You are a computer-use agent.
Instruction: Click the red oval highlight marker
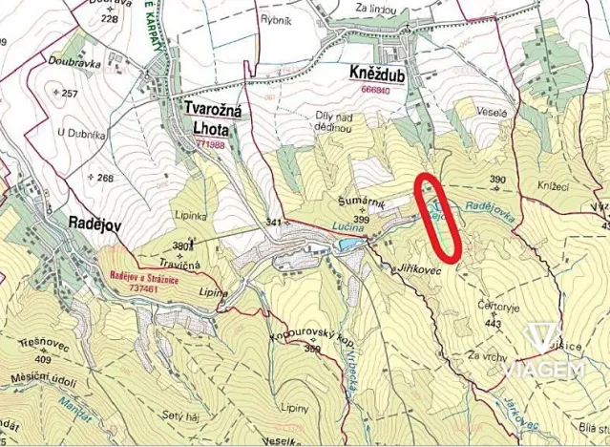click(x=439, y=216)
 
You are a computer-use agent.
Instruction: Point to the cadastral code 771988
click(x=210, y=144)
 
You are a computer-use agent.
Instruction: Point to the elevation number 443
click(x=494, y=323)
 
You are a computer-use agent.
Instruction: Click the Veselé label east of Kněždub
click(x=494, y=111)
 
